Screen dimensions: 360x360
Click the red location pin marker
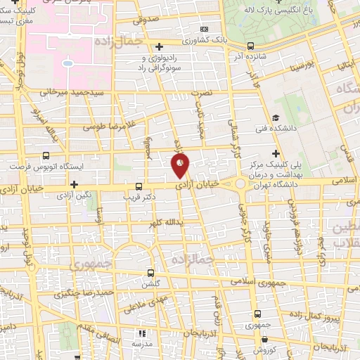[x=180, y=167]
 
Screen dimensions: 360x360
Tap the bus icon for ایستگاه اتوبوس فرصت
[x=46, y=156]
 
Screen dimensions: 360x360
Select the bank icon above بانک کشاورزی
[x=205, y=30]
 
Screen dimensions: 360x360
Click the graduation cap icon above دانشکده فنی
[x=276, y=117]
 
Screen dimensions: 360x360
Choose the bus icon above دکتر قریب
[x=139, y=187]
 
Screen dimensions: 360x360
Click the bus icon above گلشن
[x=150, y=273]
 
